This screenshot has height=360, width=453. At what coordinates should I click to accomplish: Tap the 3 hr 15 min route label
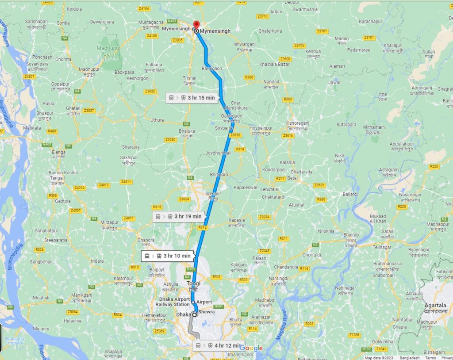192,98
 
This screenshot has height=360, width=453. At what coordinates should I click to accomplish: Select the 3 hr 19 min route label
179,217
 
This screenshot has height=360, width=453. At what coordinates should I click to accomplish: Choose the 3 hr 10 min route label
168,256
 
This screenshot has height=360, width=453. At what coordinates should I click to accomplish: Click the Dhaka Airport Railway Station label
168,302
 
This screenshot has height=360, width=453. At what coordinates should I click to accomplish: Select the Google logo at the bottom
251,348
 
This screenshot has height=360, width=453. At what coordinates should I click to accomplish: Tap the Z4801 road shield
30,76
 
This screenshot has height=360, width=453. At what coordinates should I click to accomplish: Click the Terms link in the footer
430,357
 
